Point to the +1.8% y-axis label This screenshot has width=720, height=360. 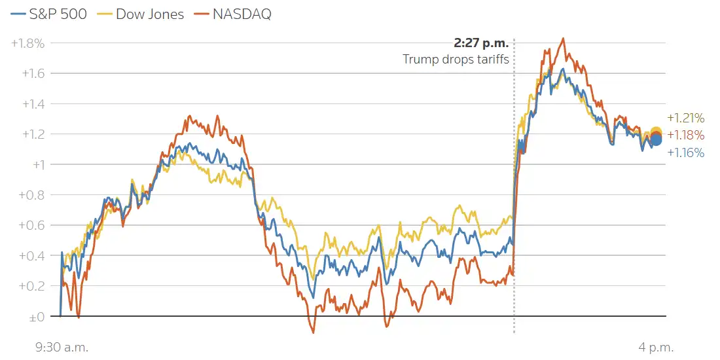pyautogui.click(x=28, y=43)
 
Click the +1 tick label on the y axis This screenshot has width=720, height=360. pyautogui.click(x=39, y=165)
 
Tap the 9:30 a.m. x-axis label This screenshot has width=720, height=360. pyautogui.click(x=62, y=347)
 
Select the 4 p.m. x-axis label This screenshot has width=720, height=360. pyautogui.click(x=656, y=347)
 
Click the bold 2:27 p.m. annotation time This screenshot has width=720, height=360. pyautogui.click(x=481, y=44)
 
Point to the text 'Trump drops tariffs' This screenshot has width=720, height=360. pyautogui.click(x=456, y=60)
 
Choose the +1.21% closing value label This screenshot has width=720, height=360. pyautogui.click(x=685, y=118)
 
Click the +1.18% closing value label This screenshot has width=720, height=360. pyautogui.click(x=685, y=135)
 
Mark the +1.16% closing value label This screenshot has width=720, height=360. pyautogui.click(x=685, y=153)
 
